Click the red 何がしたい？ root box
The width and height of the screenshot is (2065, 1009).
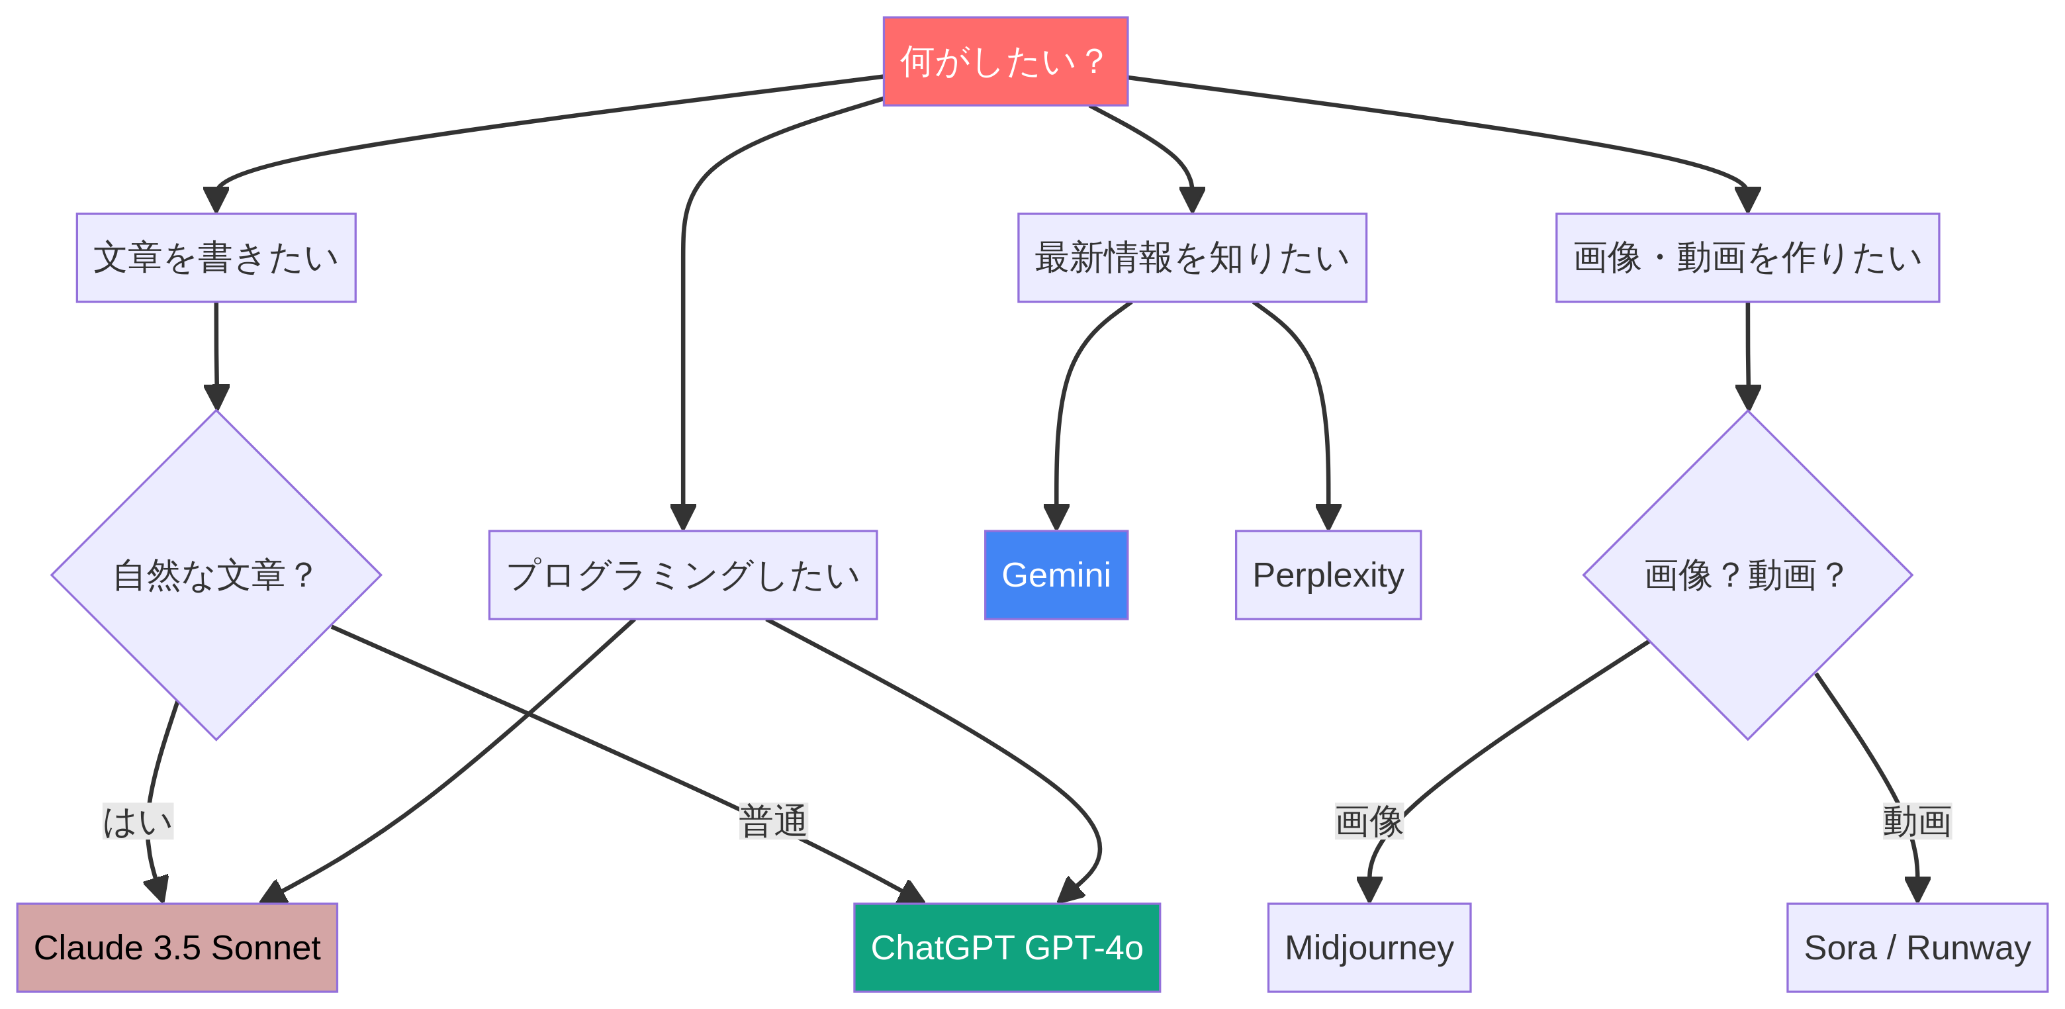(1005, 61)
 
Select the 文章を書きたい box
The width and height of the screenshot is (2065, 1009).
(216, 258)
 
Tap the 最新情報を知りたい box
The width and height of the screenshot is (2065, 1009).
(1191, 258)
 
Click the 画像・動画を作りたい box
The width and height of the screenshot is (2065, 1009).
(1747, 258)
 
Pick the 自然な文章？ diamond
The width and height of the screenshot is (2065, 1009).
(216, 574)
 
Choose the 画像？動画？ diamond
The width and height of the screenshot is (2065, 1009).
(1747, 574)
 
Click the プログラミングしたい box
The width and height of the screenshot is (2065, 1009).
(682, 574)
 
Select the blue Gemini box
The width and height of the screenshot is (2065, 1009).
(1056, 574)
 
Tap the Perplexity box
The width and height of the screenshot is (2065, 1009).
(1328, 574)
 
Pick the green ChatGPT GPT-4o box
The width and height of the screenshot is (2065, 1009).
(1006, 947)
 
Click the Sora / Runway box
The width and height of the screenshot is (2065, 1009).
(1917, 947)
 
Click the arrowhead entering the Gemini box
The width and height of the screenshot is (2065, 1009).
(1056, 516)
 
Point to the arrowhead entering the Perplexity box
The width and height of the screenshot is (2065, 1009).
(1328, 516)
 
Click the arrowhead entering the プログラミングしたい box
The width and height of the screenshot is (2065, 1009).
(682, 516)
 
